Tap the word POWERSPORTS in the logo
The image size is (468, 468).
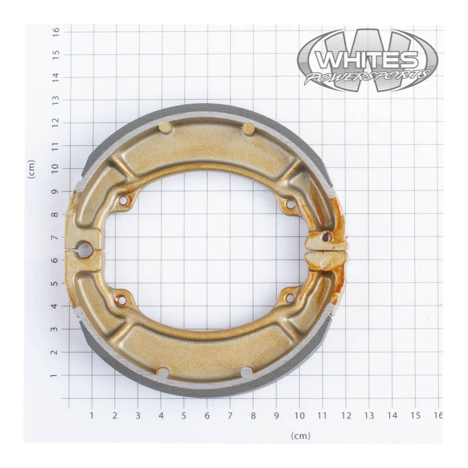[x=367, y=77]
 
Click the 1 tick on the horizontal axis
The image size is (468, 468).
[x=92, y=415]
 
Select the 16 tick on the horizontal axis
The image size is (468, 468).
[x=438, y=415]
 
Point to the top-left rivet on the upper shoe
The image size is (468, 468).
[x=165, y=127]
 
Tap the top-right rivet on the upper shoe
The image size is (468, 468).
[x=249, y=129]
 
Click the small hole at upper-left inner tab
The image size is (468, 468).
[x=123, y=201]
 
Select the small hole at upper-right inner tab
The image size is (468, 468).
[x=288, y=204]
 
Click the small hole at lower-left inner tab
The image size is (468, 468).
[x=122, y=300]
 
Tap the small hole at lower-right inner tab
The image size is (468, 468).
[x=288, y=298]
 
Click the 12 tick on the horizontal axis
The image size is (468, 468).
[x=345, y=415]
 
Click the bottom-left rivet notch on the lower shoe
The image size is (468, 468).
[x=163, y=373]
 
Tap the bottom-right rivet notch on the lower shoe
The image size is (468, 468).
[x=247, y=372]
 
